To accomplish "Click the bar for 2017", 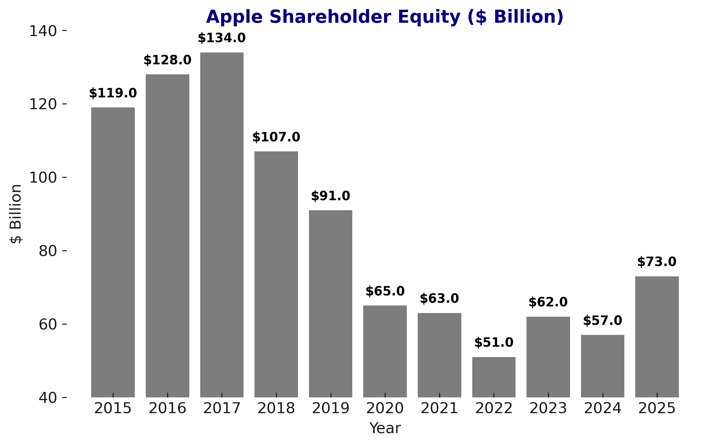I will point(222,224).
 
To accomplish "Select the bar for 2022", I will point(494,377).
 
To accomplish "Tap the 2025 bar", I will point(657,337).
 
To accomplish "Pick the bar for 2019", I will point(330,303).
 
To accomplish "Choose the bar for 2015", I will point(113,252).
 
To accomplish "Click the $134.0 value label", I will point(222,38).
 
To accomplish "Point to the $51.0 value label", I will point(494,343).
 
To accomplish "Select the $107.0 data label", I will point(276,137).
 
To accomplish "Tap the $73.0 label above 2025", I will point(657,262).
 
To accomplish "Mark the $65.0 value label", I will point(385,291).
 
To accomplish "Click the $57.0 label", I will point(602,321).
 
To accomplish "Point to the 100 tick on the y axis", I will point(43,177).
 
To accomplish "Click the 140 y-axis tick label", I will point(43,31).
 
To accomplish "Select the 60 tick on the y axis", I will point(48,324).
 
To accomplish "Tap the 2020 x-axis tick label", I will point(385,408).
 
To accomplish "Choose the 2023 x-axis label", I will point(548,408).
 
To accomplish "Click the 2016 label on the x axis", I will point(168,408).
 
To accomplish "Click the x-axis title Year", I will point(385,428).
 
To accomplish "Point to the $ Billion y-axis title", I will point(16,214).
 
